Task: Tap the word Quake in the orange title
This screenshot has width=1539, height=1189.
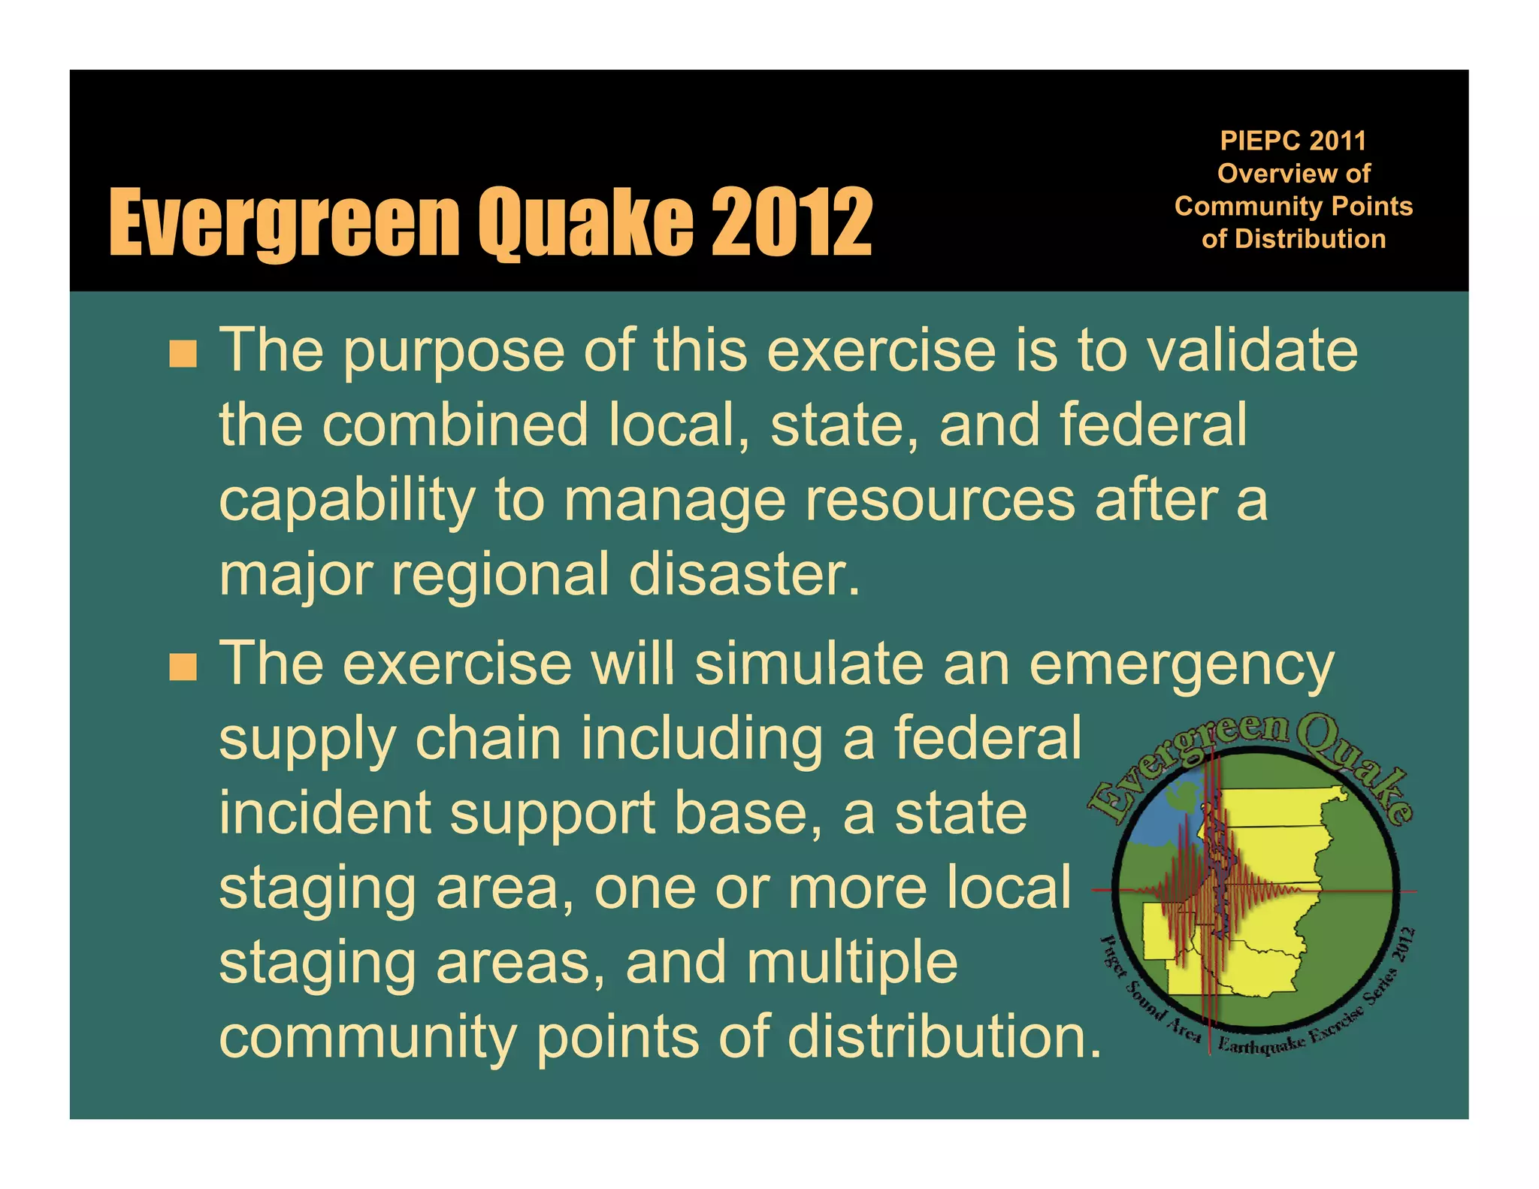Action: [x=586, y=222]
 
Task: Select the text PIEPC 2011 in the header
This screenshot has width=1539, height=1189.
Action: [x=1293, y=141]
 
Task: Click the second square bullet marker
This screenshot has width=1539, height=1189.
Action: [x=183, y=666]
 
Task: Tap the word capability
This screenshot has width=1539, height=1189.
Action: [x=347, y=501]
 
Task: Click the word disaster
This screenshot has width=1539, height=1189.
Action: [x=744, y=574]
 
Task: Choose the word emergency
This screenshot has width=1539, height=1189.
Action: [x=1181, y=665]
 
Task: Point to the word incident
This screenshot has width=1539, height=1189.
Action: [x=325, y=813]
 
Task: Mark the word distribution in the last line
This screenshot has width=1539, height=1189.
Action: [x=944, y=1037]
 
